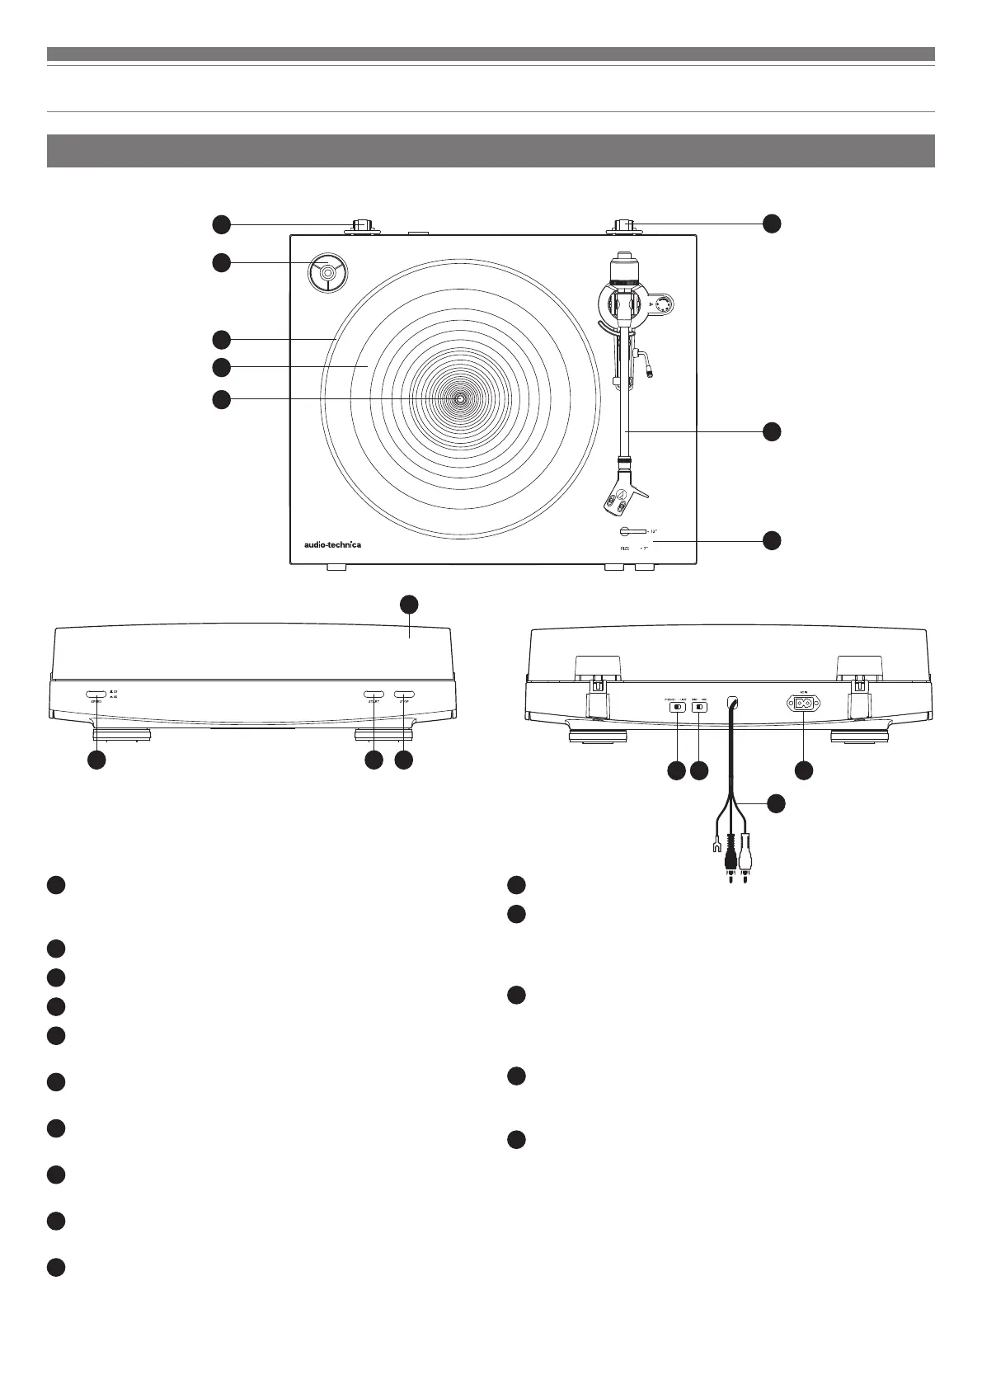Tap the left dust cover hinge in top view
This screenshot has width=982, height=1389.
(363, 227)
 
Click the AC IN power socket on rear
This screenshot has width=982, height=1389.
(803, 704)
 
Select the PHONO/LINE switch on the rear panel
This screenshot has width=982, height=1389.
(677, 707)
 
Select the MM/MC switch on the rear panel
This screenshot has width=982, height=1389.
(700, 707)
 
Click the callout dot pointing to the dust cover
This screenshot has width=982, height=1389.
(409, 603)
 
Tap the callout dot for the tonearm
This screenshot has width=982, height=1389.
(771, 431)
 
